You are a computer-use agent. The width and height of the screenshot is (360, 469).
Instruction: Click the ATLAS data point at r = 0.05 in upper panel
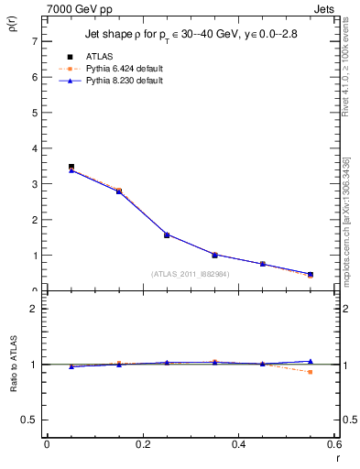tap(71, 168)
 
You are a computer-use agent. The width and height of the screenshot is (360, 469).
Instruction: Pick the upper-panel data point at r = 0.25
tap(167, 235)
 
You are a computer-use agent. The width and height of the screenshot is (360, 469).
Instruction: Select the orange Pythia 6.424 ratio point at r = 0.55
tap(311, 372)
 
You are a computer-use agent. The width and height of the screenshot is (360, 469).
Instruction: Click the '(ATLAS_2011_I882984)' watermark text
tap(191, 274)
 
